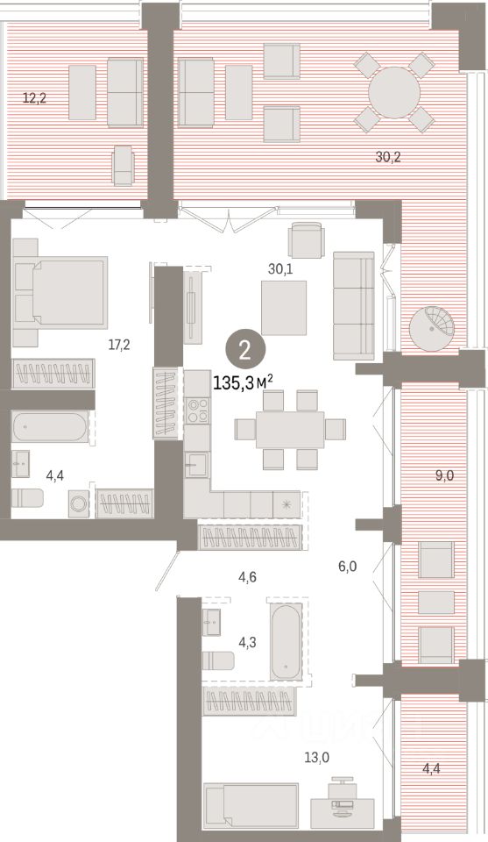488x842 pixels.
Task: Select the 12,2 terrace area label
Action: pyautogui.click(x=34, y=97)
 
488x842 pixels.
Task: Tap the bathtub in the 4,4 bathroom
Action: pyautogui.click(x=50, y=429)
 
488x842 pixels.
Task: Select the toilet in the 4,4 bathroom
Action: pyautogui.click(x=28, y=498)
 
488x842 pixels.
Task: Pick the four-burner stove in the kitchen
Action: pyautogui.click(x=198, y=410)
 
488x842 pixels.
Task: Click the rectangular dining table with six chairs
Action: pyautogui.click(x=290, y=429)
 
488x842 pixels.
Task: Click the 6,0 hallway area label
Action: pyautogui.click(x=347, y=567)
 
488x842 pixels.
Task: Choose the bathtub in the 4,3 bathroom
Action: pyautogui.click(x=286, y=640)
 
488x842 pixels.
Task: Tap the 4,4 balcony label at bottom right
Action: pyautogui.click(x=432, y=769)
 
